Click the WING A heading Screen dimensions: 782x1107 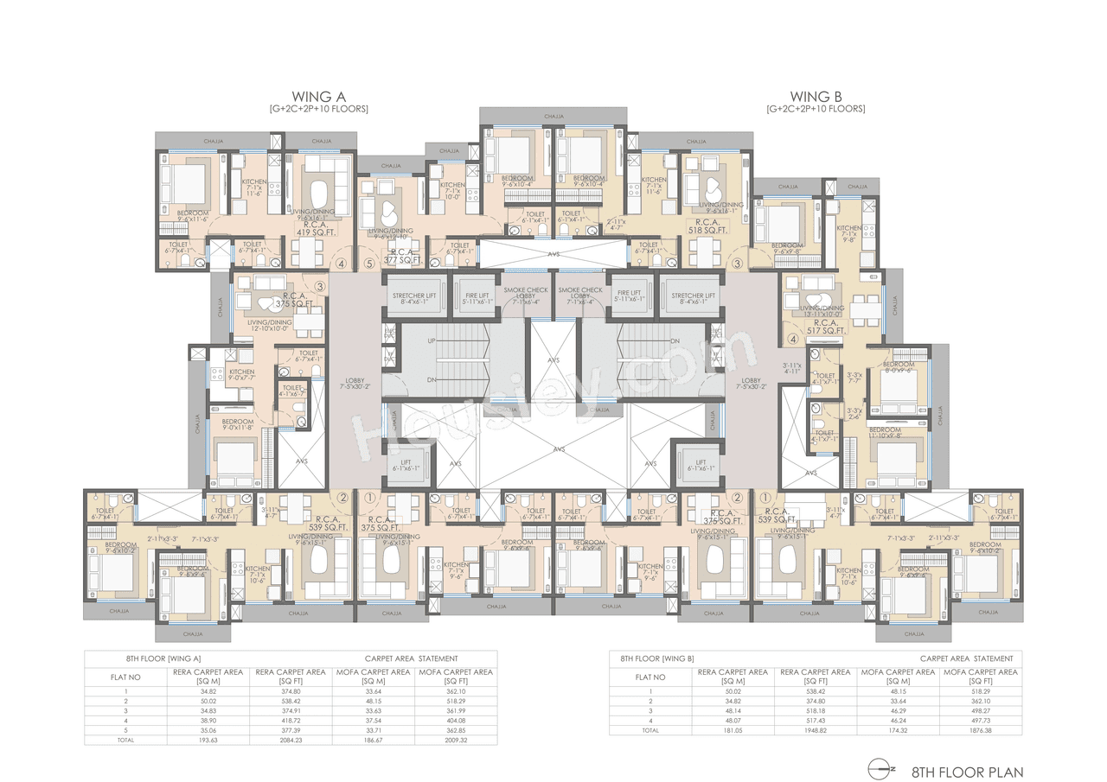318,96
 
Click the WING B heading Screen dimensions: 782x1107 816,96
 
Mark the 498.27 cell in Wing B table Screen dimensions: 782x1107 980,709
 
